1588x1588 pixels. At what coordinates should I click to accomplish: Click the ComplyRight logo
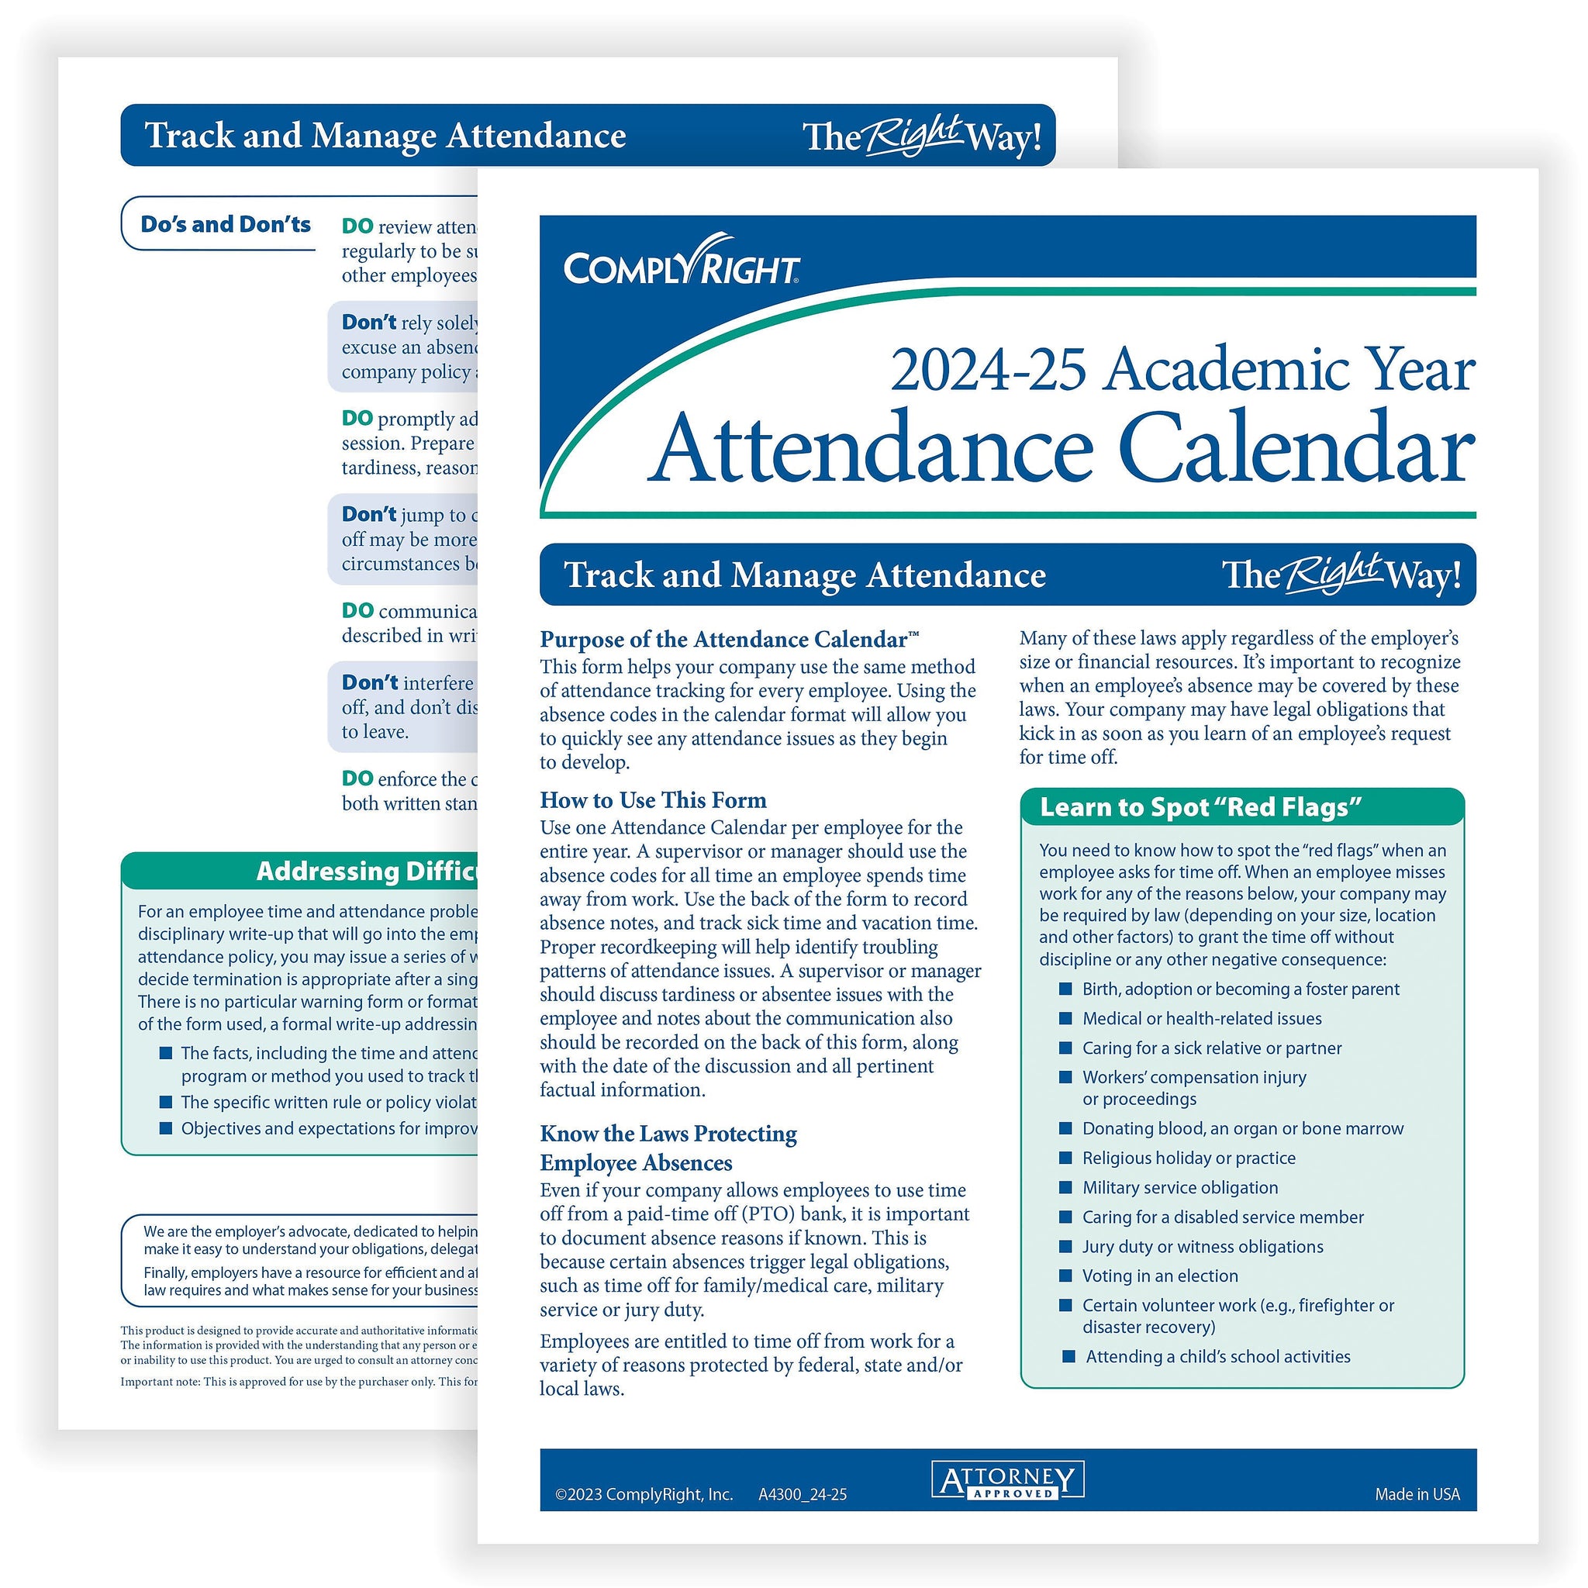pyautogui.click(x=681, y=262)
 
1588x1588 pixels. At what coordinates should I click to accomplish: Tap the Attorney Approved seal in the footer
pyautogui.click(x=1008, y=1479)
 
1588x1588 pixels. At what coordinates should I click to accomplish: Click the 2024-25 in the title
pyautogui.click(x=986, y=371)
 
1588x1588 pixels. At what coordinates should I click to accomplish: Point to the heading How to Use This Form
pyautogui.click(x=653, y=799)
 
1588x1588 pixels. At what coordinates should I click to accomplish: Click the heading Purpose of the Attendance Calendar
pyautogui.click(x=728, y=640)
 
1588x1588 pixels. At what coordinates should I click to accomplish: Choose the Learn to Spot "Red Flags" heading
pyautogui.click(x=1200, y=807)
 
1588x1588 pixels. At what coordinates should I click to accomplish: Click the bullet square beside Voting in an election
pyautogui.click(x=1065, y=1275)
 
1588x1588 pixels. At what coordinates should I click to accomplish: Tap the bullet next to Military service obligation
pyautogui.click(x=1065, y=1187)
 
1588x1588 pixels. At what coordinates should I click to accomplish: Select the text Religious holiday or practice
pyautogui.click(x=1189, y=1158)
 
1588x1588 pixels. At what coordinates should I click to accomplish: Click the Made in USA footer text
pyautogui.click(x=1417, y=1494)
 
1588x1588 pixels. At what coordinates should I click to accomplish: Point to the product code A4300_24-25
pyautogui.click(x=803, y=1494)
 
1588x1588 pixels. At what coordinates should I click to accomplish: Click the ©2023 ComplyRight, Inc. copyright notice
pyautogui.click(x=644, y=1494)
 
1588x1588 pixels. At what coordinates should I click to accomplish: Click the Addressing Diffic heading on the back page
pyautogui.click(x=367, y=871)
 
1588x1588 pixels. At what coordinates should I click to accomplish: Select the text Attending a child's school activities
pyautogui.click(x=1217, y=1356)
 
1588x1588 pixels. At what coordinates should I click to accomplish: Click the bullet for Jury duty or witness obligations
pyautogui.click(x=1065, y=1246)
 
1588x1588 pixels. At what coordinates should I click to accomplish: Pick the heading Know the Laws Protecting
pyautogui.click(x=668, y=1134)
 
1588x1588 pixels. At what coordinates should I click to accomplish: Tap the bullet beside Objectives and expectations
pyautogui.click(x=165, y=1127)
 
